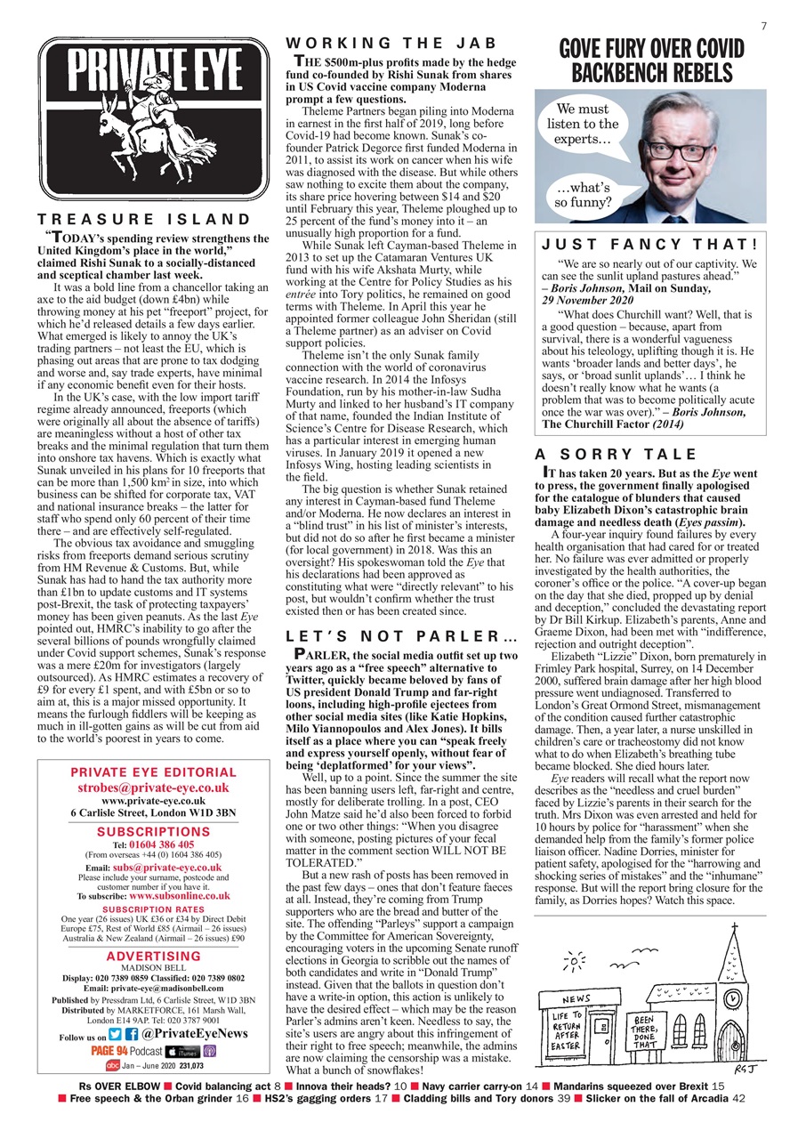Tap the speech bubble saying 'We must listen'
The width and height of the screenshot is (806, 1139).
[582, 125]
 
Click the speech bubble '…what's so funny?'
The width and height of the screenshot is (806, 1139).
[582, 194]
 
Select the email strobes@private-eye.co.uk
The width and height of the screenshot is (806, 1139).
[153, 788]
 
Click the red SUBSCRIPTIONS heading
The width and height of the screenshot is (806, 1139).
[153, 832]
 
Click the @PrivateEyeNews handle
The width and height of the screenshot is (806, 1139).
[194, 1034]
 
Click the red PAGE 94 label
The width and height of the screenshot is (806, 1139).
[109, 1051]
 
